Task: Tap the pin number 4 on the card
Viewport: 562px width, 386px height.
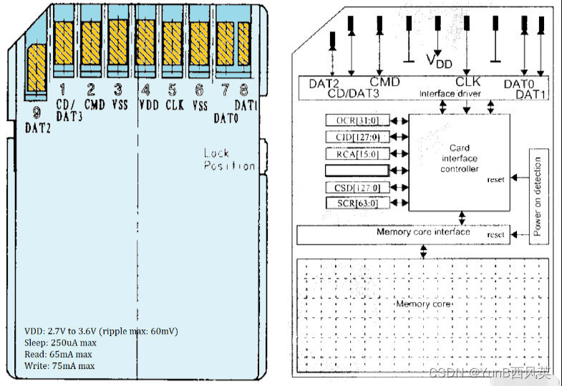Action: click(145, 90)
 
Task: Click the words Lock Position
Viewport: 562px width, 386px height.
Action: click(228, 159)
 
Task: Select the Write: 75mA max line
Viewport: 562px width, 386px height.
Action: click(59, 366)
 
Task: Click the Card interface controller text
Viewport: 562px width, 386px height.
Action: click(460, 158)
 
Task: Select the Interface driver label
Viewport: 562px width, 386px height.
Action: click(448, 94)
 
